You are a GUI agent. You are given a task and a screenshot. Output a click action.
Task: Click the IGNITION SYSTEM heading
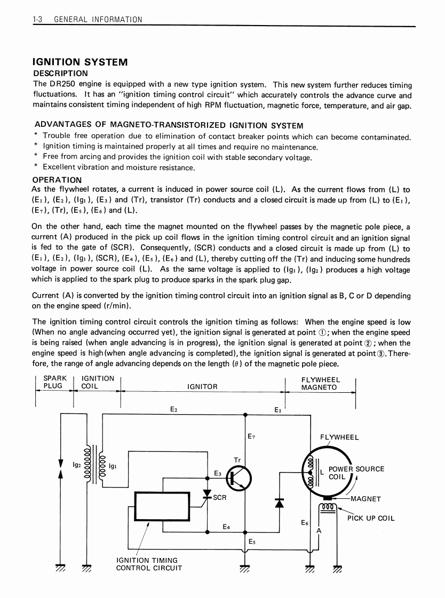click(80, 62)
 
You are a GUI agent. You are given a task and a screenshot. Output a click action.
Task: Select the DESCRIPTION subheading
click(60, 74)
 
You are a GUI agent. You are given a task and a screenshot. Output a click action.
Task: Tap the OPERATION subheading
click(57, 180)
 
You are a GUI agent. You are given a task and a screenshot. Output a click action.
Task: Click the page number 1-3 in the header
click(37, 20)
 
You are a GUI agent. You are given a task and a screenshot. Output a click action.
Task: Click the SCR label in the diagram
click(220, 498)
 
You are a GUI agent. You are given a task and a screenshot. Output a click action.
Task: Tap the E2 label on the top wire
click(173, 409)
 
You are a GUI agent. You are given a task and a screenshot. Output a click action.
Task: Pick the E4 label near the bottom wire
click(226, 527)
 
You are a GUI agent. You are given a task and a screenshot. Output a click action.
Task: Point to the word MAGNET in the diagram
click(366, 499)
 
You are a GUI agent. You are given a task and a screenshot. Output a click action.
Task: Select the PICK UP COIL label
click(371, 518)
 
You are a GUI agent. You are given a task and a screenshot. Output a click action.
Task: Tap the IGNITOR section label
click(203, 387)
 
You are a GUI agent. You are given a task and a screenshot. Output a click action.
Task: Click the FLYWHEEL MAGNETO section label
click(321, 383)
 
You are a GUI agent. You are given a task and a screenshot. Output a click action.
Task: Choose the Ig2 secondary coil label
click(76, 465)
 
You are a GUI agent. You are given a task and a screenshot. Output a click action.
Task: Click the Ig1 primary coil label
click(113, 465)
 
